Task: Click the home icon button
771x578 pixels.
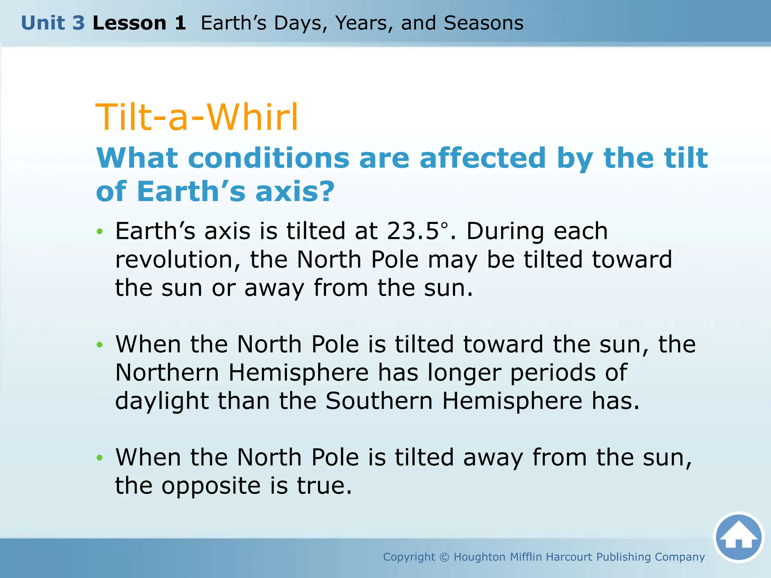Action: coord(738,537)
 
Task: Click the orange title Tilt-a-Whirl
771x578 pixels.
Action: coord(197,117)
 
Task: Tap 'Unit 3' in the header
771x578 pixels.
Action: coord(53,23)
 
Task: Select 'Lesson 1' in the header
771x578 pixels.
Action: coord(139,23)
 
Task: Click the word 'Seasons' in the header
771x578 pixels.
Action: coord(483,23)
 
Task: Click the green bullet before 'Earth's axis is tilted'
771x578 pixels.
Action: coord(99,231)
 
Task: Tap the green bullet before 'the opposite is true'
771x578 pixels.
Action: coord(99,458)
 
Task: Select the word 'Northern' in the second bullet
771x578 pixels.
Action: coord(167,373)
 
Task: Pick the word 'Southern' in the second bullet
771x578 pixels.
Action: coord(379,401)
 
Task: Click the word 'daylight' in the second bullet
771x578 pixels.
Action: coord(162,402)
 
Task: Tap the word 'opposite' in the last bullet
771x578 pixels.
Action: coord(211,486)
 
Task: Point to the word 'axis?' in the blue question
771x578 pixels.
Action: coord(295,191)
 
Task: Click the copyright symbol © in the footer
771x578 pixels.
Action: coord(444,557)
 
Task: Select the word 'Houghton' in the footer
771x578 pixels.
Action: coord(479,557)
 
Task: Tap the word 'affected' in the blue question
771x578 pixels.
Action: coord(482,158)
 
